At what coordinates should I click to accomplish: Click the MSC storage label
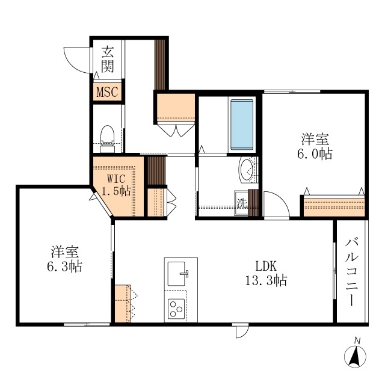pyautogui.click(x=108, y=93)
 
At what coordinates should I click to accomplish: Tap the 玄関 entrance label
pyautogui.click(x=108, y=59)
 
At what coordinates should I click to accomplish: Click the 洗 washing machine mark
pyautogui.click(x=242, y=203)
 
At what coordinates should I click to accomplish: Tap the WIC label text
pyautogui.click(x=116, y=179)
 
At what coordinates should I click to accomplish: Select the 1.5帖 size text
pyautogui.click(x=117, y=192)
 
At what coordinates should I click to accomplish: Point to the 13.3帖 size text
pyautogui.click(x=265, y=280)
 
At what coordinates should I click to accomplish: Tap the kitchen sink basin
pyautogui.click(x=179, y=274)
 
